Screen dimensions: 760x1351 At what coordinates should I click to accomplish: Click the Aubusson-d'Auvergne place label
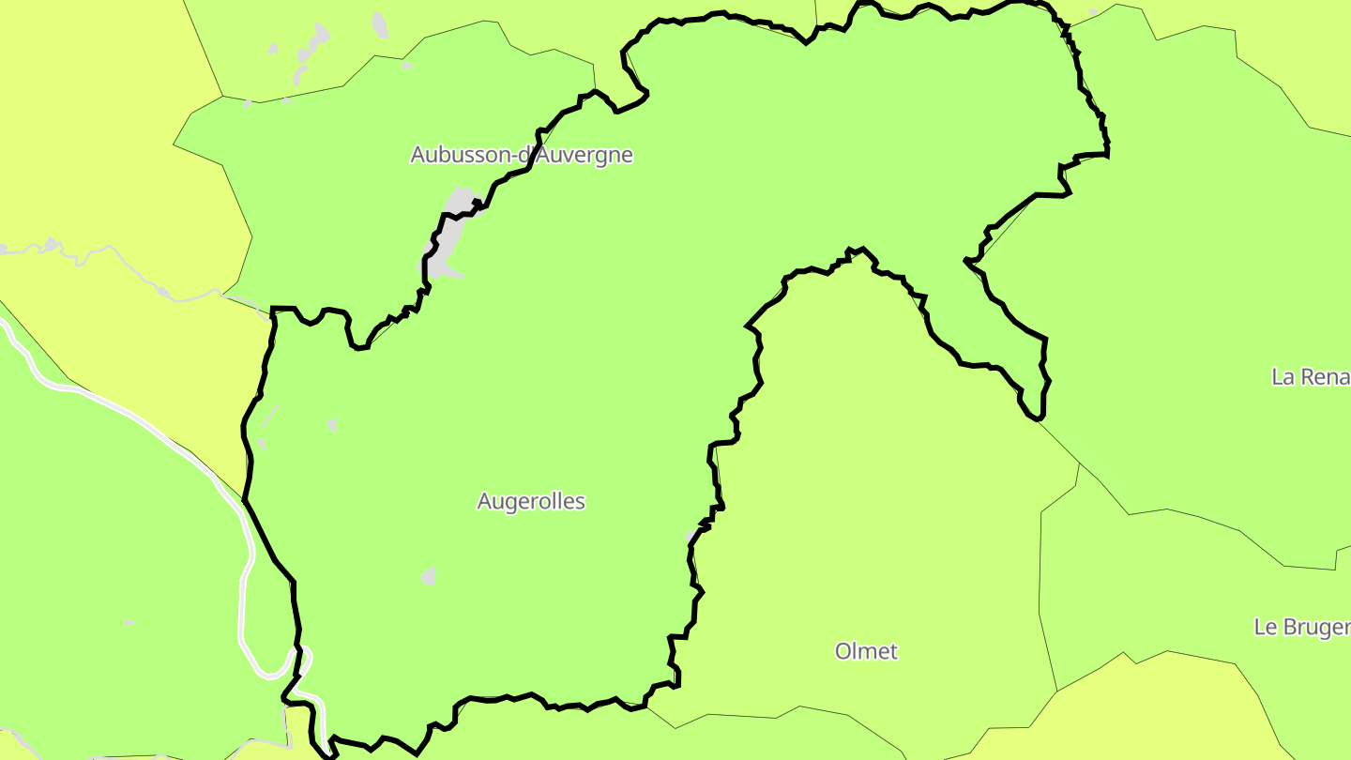point(522,155)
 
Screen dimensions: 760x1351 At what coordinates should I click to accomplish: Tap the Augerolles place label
point(531,501)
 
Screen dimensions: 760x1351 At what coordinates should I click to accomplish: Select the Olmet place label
point(866,651)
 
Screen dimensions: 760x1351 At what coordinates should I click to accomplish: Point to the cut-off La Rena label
point(1311,377)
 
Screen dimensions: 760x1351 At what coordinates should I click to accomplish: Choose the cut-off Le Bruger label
point(1302,628)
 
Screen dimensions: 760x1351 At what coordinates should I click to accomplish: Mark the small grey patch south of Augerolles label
point(429,576)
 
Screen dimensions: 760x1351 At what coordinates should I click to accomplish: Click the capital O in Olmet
point(844,651)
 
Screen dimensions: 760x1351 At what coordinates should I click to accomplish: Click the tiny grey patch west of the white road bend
point(129,622)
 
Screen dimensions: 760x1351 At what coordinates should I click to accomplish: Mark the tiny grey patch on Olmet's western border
point(691,536)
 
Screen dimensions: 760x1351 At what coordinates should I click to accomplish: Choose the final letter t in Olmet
point(893,651)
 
